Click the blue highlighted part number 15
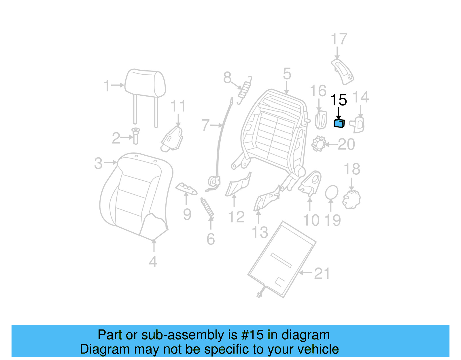tap(339, 123)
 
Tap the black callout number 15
tap(339, 100)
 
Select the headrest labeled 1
tap(145, 83)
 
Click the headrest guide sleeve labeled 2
tap(136, 136)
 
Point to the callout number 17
tap(339, 39)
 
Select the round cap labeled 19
tap(332, 192)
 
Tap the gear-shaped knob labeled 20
tap(319, 144)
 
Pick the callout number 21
tap(322, 274)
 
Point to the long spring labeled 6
tap(207, 208)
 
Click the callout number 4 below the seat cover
tap(153, 261)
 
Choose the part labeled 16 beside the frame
tap(321, 120)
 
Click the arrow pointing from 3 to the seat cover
tap(110, 163)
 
